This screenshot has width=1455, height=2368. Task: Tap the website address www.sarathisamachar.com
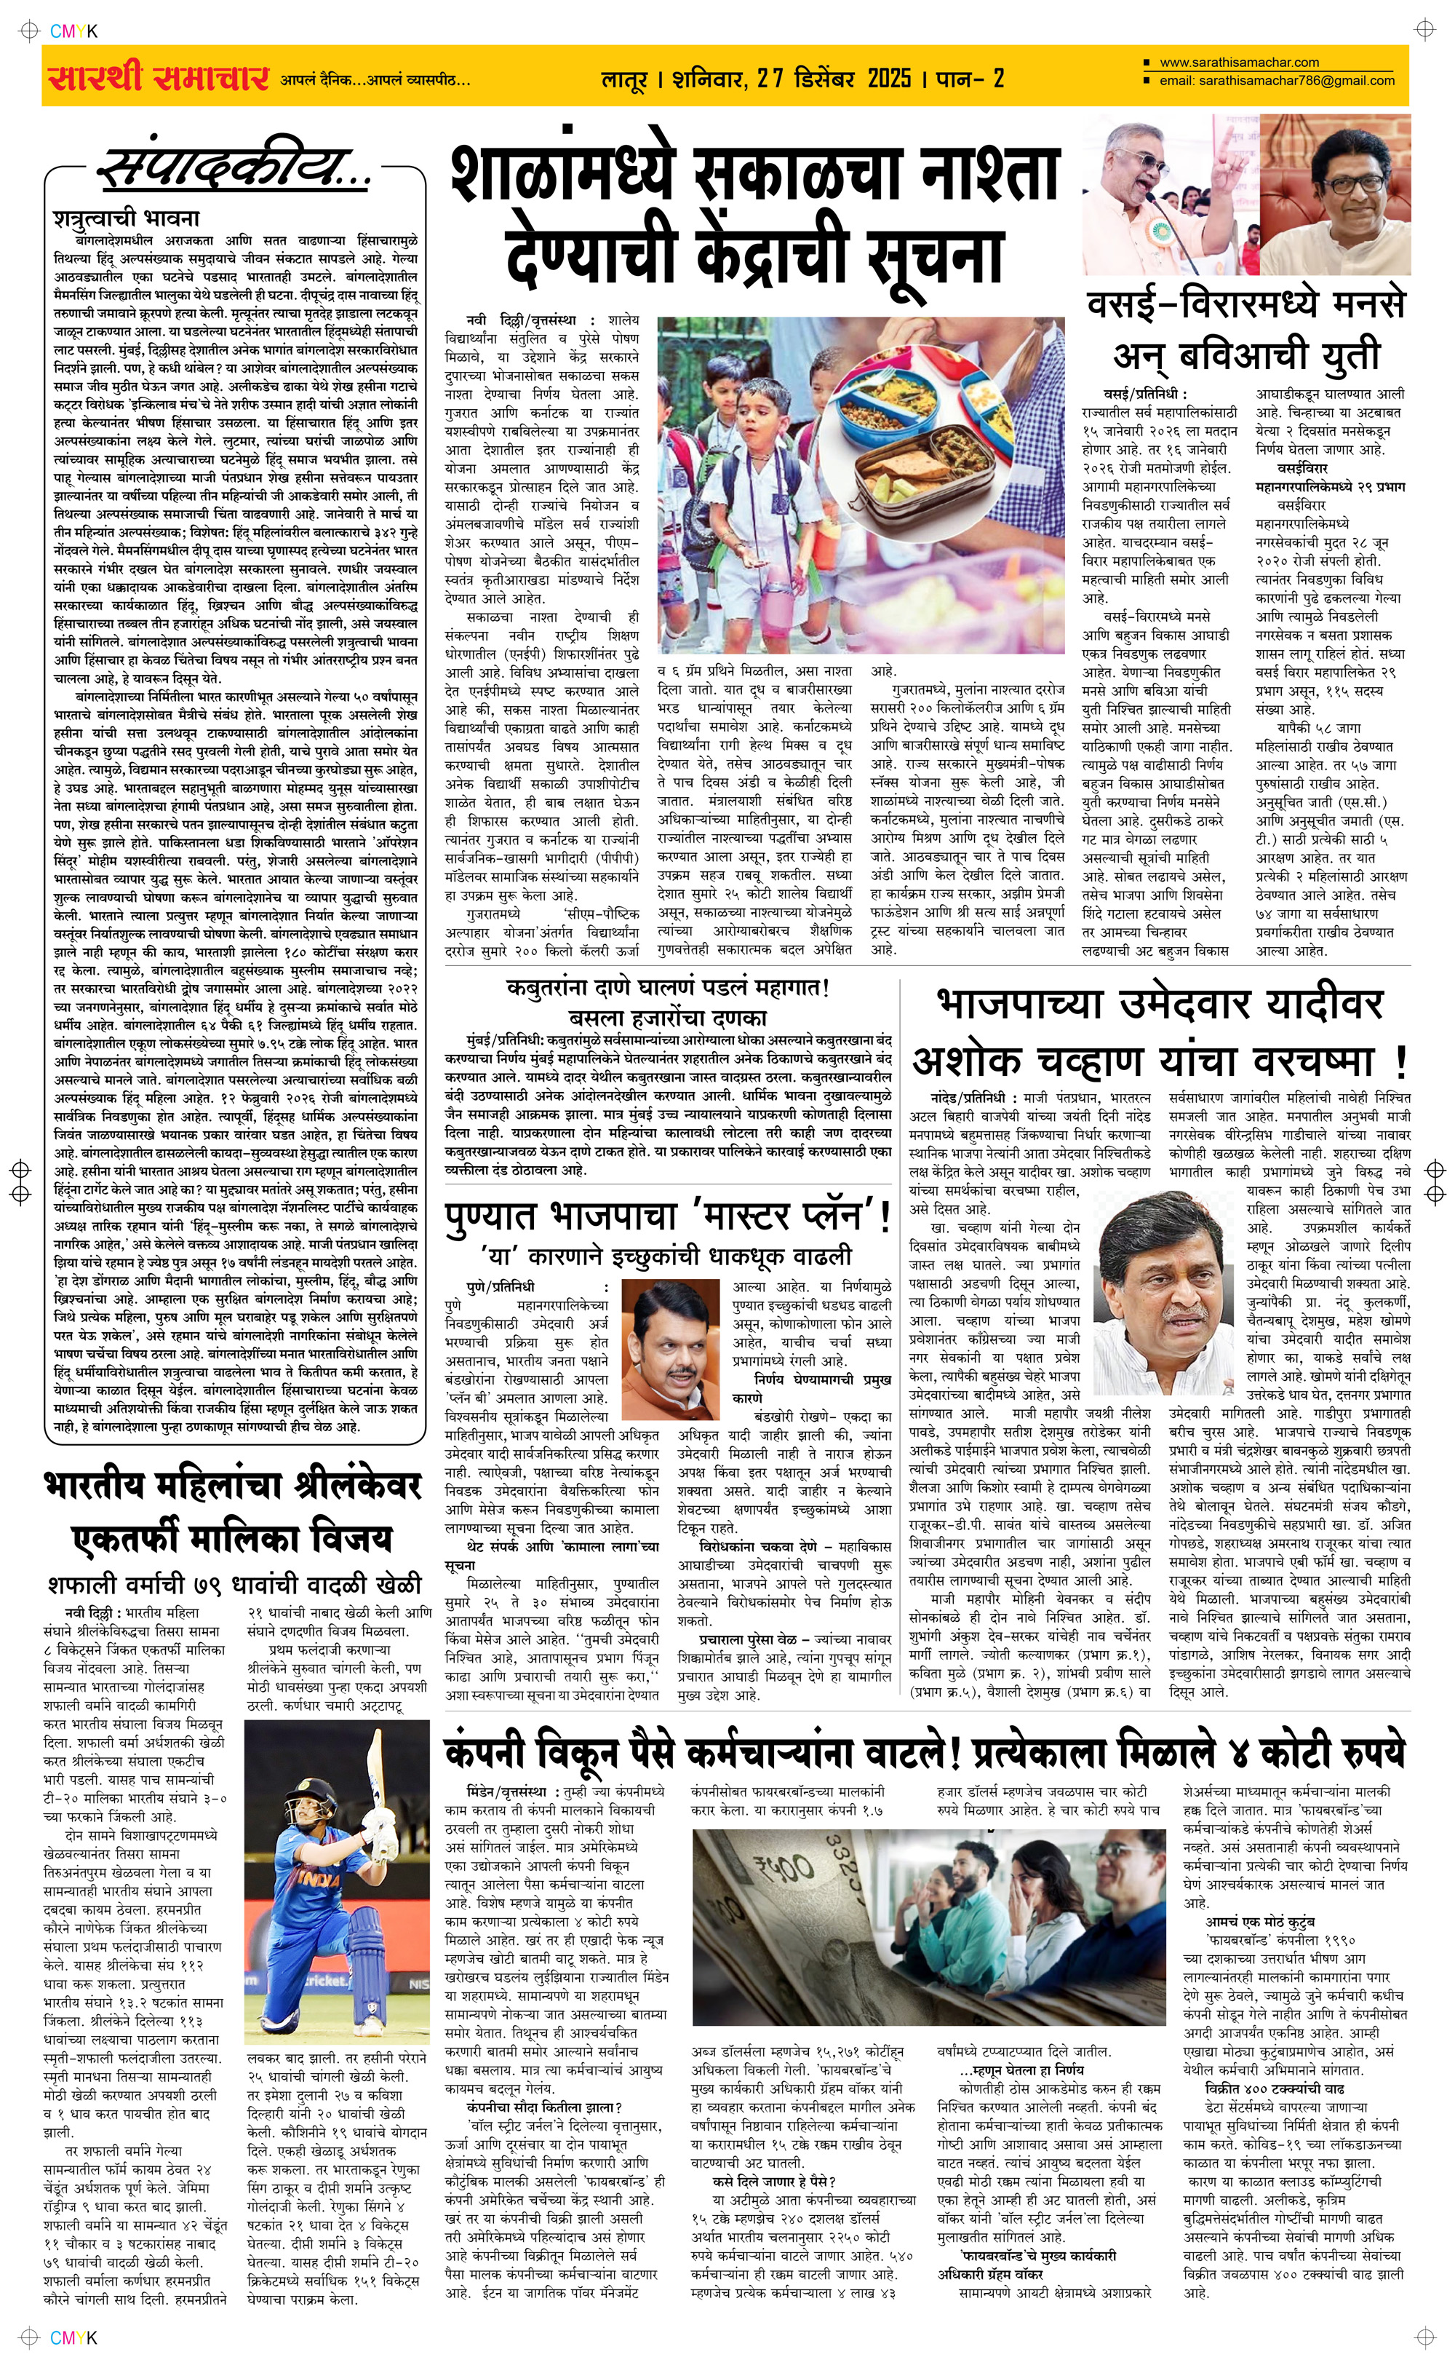point(1240,63)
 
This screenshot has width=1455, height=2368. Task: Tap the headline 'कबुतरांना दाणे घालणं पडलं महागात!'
point(668,988)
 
